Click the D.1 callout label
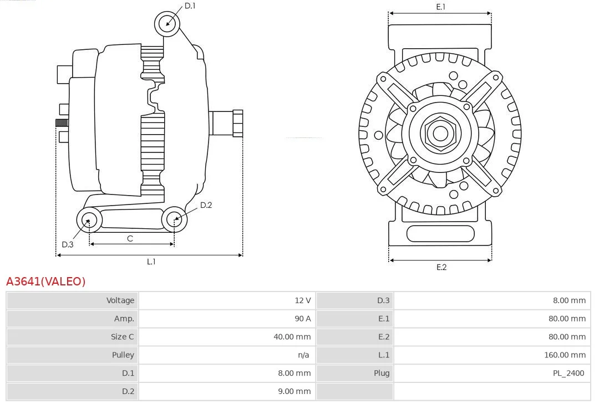[x=190, y=6]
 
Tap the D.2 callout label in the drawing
[x=206, y=205]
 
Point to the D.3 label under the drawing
[x=68, y=244]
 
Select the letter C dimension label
[x=130, y=238]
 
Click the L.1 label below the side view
[x=151, y=262]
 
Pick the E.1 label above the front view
[x=441, y=7]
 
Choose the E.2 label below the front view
[x=441, y=267]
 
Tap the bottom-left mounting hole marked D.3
[x=88, y=220]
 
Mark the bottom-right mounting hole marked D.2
[x=174, y=219]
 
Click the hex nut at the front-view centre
[x=440, y=133]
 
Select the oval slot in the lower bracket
[x=440, y=234]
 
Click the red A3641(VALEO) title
[x=46, y=282]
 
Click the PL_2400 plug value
[x=568, y=373]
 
